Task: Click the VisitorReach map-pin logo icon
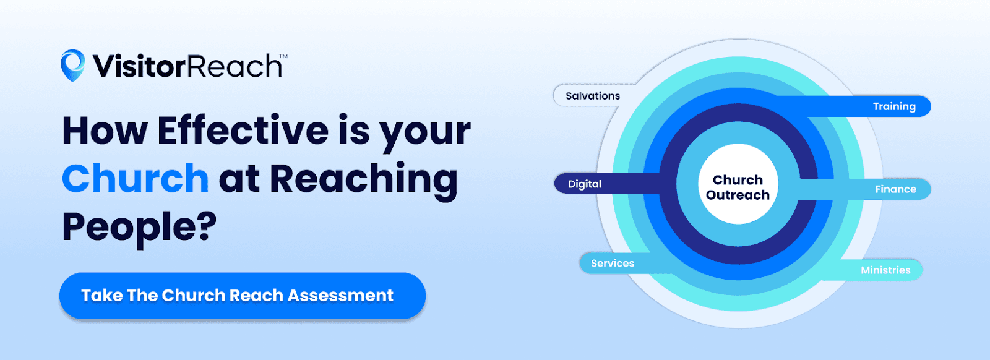(x=72, y=65)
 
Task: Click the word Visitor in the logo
(x=139, y=66)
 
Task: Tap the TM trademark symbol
(x=283, y=56)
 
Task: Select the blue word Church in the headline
(x=136, y=179)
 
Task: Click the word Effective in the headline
(x=243, y=131)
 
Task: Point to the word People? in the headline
(x=139, y=226)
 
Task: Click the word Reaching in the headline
(x=363, y=180)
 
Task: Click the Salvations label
(x=593, y=96)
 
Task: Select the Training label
(x=894, y=106)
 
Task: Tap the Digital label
(x=585, y=184)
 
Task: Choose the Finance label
(x=895, y=189)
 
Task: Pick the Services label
(x=613, y=264)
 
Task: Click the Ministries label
(x=885, y=270)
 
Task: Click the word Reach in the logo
(x=235, y=66)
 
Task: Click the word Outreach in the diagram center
(x=738, y=195)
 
